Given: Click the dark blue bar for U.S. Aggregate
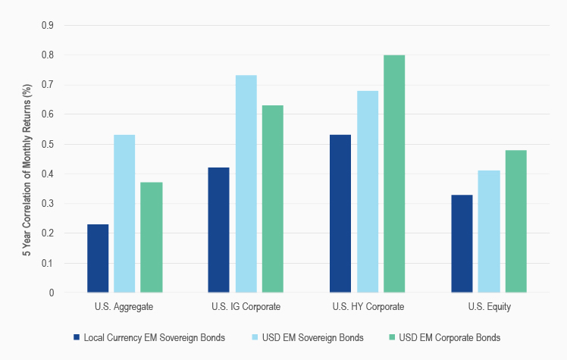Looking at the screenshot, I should (98, 258).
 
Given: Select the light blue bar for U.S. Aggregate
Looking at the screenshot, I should (124, 214).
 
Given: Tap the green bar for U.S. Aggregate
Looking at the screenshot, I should (152, 237).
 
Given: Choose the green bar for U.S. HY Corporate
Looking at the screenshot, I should (394, 174).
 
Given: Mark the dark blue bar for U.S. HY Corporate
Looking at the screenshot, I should (340, 214).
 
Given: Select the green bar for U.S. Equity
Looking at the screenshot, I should (515, 221).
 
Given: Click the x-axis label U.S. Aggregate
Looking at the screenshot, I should (124, 307).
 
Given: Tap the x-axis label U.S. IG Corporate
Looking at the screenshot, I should (246, 307).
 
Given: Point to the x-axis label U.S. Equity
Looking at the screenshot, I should (489, 307).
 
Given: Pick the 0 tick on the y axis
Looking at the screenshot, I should (52, 293).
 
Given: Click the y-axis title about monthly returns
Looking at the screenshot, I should (26, 159).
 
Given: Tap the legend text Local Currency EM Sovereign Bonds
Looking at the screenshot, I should (155, 337).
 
